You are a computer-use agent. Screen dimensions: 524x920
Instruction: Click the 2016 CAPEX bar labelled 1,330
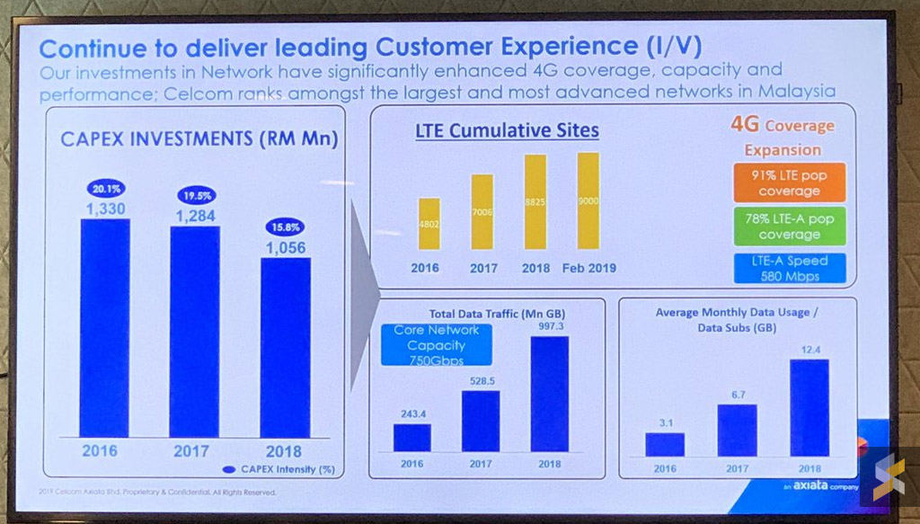point(105,328)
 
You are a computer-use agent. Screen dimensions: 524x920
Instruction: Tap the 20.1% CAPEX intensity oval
point(105,189)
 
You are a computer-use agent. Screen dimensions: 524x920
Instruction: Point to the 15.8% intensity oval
point(286,226)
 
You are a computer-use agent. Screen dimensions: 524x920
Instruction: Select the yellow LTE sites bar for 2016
point(429,224)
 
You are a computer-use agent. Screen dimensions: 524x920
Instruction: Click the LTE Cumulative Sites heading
point(507,131)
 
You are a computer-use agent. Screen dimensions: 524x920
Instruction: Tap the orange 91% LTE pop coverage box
point(789,183)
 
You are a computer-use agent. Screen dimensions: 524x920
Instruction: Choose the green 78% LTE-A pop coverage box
point(789,226)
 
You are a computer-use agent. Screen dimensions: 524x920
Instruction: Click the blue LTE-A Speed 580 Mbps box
point(789,268)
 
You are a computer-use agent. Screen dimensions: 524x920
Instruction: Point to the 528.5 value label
point(480,381)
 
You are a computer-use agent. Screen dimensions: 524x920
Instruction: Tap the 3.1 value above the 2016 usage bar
point(664,422)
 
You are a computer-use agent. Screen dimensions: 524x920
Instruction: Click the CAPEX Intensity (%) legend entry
point(276,469)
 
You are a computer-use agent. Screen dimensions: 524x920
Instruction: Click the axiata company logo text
point(813,484)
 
